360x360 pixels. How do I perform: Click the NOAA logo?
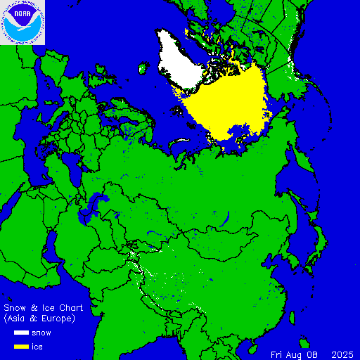22,22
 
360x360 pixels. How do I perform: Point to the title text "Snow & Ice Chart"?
44,309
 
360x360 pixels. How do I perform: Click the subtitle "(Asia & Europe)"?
39,319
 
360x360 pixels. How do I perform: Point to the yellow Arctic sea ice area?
225,105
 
